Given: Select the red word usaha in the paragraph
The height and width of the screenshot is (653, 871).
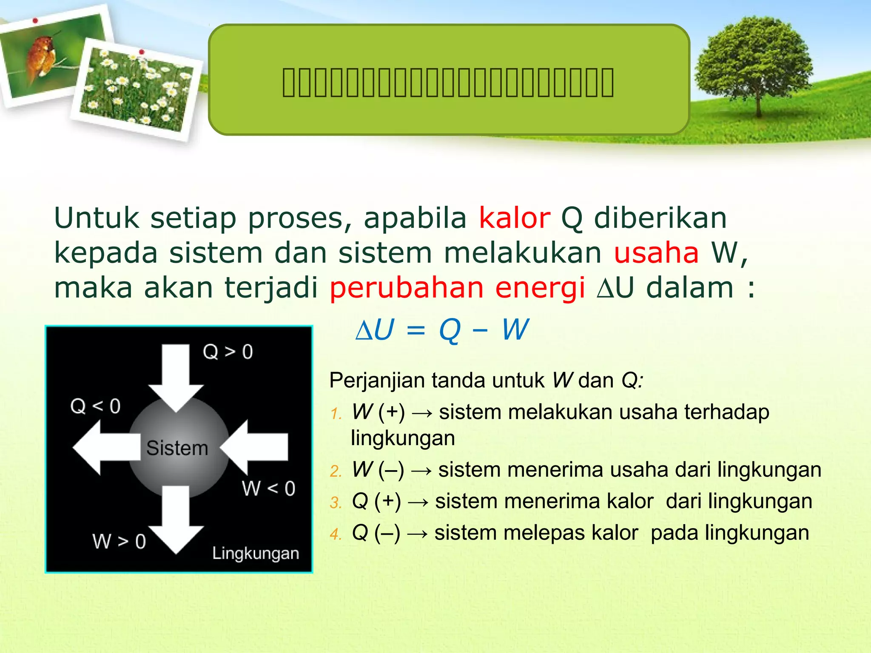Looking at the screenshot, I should pyautogui.click(x=656, y=253).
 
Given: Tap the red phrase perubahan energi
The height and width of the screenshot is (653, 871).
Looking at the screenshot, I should pyautogui.click(x=457, y=288).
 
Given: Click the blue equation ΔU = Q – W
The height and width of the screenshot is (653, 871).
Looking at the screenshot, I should pyautogui.click(x=442, y=330).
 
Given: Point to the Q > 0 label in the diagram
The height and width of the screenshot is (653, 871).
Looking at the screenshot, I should pyautogui.click(x=228, y=352).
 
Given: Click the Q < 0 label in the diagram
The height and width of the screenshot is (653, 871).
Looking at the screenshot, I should pyautogui.click(x=95, y=406).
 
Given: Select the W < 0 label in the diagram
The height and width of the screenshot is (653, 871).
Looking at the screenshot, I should pyautogui.click(x=268, y=488).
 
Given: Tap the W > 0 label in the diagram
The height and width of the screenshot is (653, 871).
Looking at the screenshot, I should pyautogui.click(x=119, y=542).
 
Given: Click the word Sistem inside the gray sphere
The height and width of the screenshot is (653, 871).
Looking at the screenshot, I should pyautogui.click(x=177, y=449).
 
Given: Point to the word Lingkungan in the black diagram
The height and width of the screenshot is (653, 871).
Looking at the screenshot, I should pyautogui.click(x=256, y=554).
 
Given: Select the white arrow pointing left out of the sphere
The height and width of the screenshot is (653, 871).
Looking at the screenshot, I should pyautogui.click(x=104, y=447).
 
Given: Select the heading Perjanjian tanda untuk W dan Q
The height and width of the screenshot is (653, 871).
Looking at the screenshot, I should pyautogui.click(x=486, y=380).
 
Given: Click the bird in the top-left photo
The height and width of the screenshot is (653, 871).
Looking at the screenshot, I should pyautogui.click(x=41, y=57).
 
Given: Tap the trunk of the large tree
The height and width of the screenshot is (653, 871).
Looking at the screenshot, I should pyautogui.click(x=758, y=102).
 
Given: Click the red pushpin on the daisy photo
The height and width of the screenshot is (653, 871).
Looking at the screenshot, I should pyautogui.click(x=142, y=52).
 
